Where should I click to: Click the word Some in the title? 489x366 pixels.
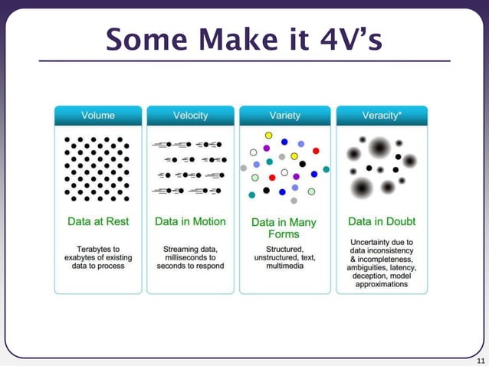click(143, 38)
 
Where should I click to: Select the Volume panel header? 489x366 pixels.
click(98, 116)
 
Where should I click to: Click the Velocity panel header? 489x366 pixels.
click(190, 116)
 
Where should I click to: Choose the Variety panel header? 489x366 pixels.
click(284, 116)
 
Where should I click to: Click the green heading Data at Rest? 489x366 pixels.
click(98, 221)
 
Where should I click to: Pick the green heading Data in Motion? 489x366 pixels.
click(190, 221)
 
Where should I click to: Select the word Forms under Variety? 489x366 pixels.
click(284, 234)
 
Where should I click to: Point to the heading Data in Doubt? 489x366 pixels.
click(382, 221)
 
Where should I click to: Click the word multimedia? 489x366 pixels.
click(284, 266)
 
